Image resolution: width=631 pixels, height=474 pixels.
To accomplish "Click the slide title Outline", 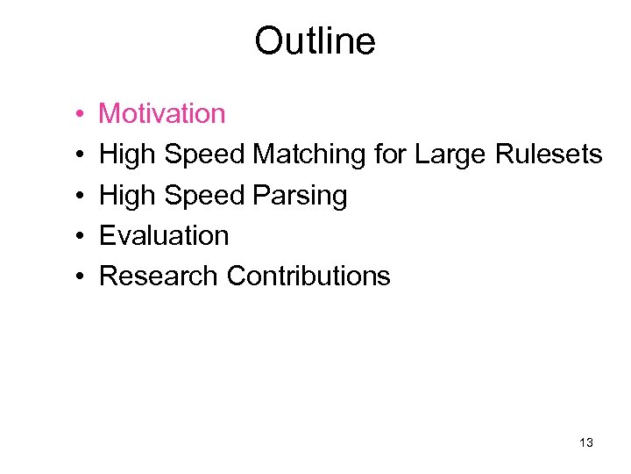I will tap(315, 41).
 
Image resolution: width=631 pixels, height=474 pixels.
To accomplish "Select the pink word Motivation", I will tap(162, 113).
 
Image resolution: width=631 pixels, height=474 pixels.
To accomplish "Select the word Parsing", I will tap(300, 196).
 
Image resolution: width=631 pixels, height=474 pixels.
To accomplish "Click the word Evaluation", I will tap(164, 235).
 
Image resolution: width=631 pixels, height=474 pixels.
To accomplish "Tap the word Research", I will tap(159, 276).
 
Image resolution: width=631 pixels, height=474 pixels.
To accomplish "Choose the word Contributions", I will tap(308, 276).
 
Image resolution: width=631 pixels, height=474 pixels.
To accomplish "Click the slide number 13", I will tap(586, 443).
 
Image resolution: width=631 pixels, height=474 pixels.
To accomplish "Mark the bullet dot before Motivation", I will tap(79, 115).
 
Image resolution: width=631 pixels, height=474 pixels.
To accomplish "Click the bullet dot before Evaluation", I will tap(79, 236).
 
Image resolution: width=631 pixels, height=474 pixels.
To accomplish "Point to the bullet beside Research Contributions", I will tap(79, 276).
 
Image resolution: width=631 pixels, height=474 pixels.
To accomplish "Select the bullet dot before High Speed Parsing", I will tap(79, 196).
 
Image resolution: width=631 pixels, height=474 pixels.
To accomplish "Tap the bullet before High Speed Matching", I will tap(79, 155).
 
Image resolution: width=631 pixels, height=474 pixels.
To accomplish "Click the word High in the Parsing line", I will tap(128, 196).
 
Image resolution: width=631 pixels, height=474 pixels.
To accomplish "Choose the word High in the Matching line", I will tap(128, 155).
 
